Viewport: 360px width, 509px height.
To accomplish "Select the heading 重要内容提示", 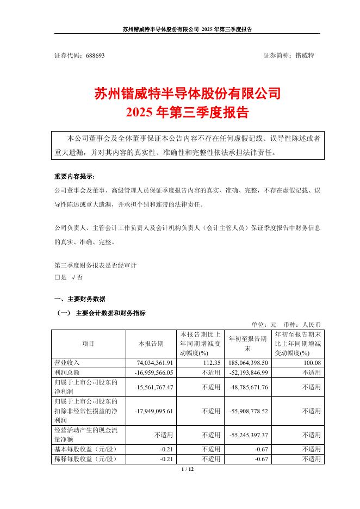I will (x=74, y=177).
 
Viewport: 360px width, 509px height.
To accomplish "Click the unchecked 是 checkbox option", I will (x=61, y=277).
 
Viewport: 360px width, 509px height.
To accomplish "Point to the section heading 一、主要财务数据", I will (x=80, y=299).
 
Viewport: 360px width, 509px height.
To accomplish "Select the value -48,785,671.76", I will (x=245, y=387).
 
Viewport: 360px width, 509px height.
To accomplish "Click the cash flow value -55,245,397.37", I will (x=245, y=434).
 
